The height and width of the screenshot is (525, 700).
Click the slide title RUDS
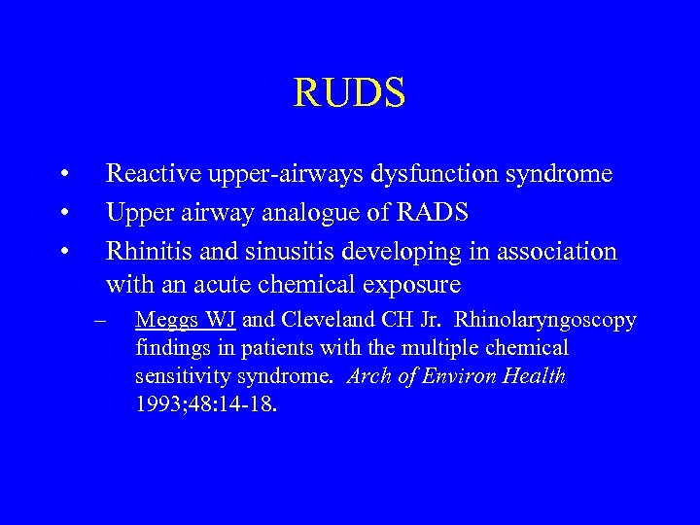(349, 93)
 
